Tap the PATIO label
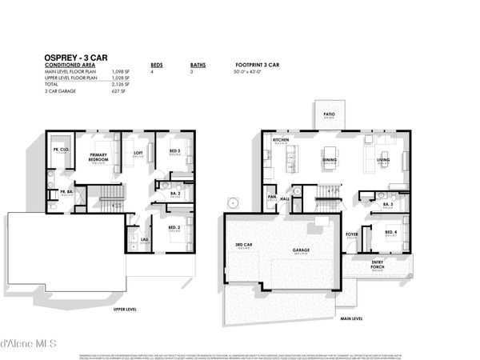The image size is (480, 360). click(330, 114)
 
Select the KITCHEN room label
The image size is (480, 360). click(280, 140)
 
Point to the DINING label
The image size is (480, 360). click(330, 160)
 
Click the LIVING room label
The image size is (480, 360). click(383, 160)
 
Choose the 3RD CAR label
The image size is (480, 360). click(243, 244)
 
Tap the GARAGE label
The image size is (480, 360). click(301, 250)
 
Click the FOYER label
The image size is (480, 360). click(351, 234)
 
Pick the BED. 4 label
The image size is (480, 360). click(390, 232)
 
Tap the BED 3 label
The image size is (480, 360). click(175, 150)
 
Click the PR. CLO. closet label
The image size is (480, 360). click(59, 149)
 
